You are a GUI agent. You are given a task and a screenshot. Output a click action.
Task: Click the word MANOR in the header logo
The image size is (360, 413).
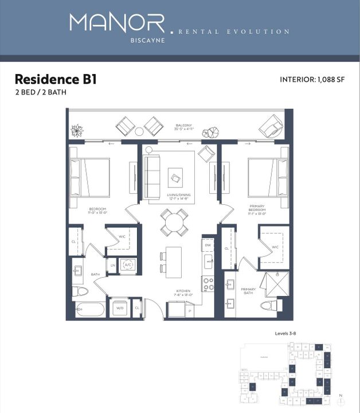116,23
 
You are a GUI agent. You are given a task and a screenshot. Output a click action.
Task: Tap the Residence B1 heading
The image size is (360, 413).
56,79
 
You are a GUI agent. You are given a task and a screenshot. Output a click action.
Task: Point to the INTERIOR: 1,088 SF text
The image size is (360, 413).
314,80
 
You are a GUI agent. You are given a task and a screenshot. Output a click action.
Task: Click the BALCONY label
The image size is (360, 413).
184,126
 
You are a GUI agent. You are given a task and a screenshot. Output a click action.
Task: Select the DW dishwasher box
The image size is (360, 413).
208,246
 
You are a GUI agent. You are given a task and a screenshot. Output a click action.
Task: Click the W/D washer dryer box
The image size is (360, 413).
120,308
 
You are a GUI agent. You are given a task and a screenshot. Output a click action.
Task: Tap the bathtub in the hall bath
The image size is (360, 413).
91,310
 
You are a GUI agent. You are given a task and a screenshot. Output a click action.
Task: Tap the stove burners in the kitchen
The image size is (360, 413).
208,283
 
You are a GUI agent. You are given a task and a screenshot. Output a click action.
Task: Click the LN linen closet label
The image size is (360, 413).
112,265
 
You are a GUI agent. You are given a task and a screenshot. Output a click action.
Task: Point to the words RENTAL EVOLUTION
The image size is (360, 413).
234,32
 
